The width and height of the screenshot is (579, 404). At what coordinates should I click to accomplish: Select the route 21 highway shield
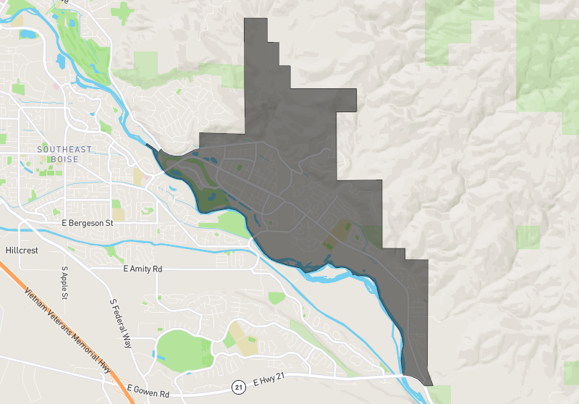click(238, 387)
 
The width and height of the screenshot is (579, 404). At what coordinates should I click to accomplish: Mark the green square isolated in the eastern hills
click(528, 237)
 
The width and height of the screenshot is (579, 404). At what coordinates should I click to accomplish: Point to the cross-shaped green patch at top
click(122, 12)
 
